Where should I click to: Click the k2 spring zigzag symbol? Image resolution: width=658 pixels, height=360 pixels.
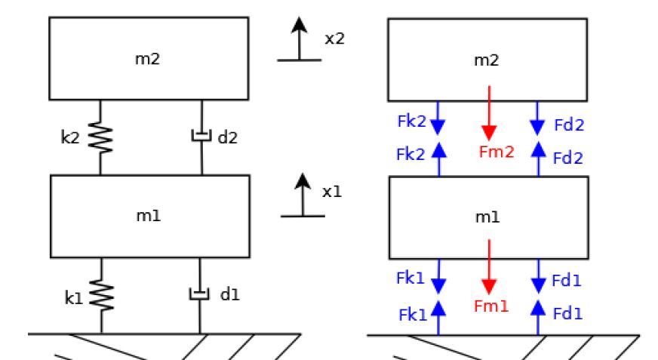click(x=100, y=137)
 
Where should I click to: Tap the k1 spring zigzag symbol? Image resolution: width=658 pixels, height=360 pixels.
click(x=100, y=295)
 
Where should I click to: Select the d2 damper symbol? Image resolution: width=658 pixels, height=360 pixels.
click(x=201, y=137)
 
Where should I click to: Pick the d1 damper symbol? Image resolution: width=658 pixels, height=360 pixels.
click(x=201, y=294)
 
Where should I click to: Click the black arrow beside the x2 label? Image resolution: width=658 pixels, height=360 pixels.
click(x=300, y=38)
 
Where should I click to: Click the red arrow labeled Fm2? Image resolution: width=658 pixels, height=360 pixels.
click(x=490, y=113)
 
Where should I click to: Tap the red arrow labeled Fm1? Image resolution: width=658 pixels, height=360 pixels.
click(x=489, y=268)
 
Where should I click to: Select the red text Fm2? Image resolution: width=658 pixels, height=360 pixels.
click(x=496, y=152)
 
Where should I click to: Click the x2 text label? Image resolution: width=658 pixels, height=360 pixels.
click(x=334, y=38)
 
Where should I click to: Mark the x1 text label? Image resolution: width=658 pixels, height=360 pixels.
click(x=332, y=192)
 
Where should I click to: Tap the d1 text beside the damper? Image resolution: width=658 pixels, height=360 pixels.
click(x=229, y=294)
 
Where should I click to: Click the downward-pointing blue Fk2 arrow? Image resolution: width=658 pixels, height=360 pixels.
click(x=439, y=119)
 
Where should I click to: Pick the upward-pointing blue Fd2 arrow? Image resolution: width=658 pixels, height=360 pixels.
click(x=538, y=157)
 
